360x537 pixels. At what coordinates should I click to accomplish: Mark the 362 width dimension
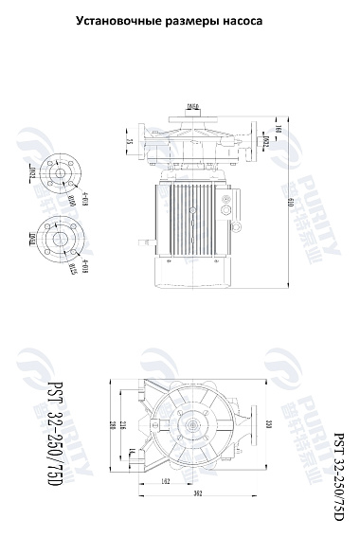pyautogui.click(x=195, y=493)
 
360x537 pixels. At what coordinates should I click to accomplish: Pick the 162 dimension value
pyautogui.click(x=167, y=482)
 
